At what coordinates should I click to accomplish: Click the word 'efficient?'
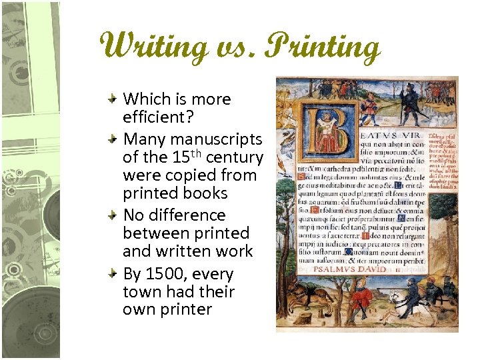point(156,117)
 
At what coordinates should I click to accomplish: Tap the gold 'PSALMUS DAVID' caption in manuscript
point(354,269)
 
